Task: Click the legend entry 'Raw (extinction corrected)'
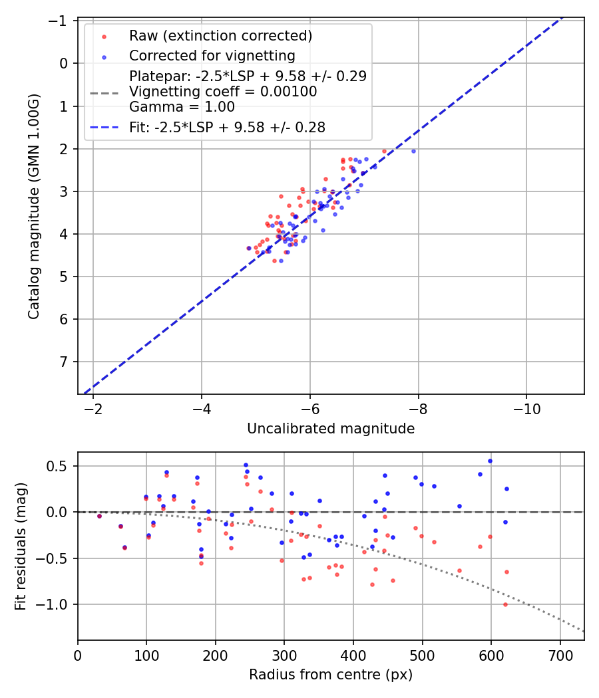click(220, 35)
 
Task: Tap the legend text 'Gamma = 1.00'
click(182, 106)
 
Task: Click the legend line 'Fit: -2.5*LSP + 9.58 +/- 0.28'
click(227, 128)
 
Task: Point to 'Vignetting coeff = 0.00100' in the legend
click(223, 91)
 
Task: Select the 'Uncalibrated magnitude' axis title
click(331, 429)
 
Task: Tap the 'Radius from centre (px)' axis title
click(331, 675)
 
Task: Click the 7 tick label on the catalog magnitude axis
click(65, 362)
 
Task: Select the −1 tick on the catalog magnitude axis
click(61, 21)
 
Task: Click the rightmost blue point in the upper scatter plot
click(413, 151)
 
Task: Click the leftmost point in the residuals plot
click(99, 516)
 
